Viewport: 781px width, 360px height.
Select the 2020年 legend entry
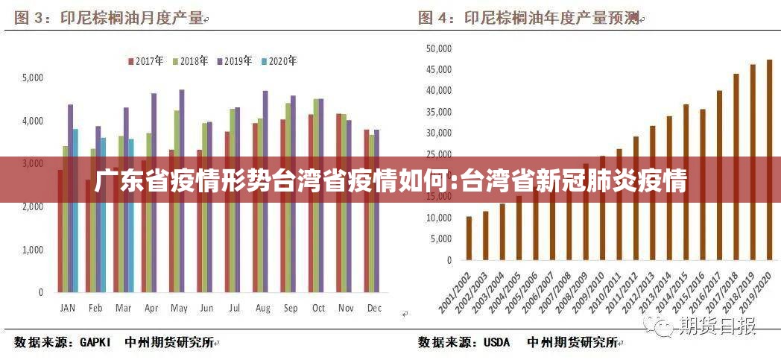click(279, 61)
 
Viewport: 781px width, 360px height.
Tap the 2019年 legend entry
click(234, 61)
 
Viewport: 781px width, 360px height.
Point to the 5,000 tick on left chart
click(33, 78)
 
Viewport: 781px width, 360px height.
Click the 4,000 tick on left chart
click(33, 121)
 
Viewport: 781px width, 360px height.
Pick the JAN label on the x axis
click(67, 308)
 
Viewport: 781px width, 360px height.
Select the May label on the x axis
click(179, 308)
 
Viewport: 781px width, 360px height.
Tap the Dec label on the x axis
click(374, 308)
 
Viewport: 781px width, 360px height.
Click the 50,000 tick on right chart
click(439, 48)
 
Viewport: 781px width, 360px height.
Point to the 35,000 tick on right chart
click(439, 113)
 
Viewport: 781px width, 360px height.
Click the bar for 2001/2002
click(469, 239)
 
